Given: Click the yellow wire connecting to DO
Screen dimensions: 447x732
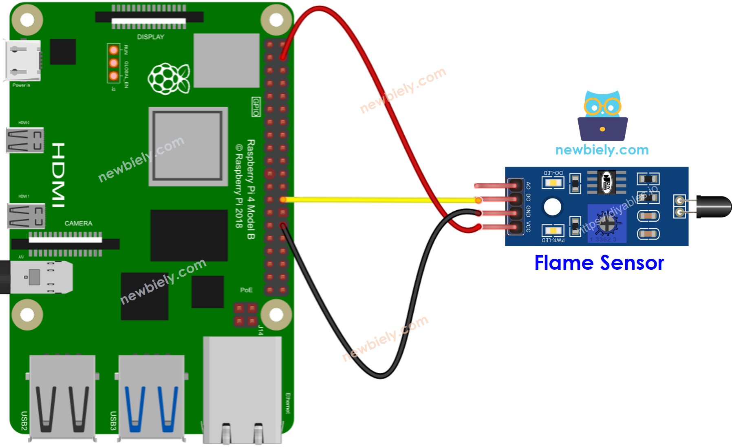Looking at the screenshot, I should (x=379, y=200).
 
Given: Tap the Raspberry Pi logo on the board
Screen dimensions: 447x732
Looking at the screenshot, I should (x=168, y=78).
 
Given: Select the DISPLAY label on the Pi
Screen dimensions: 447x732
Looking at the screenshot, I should (x=150, y=37).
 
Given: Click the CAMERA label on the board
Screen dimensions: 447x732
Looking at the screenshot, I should (x=78, y=223).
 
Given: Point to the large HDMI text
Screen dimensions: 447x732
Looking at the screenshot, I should (x=58, y=175).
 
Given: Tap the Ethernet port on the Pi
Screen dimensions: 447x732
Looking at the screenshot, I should (x=243, y=391).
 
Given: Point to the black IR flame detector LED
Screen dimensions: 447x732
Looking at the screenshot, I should (x=713, y=207).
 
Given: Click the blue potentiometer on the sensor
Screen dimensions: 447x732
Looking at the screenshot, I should (x=606, y=223).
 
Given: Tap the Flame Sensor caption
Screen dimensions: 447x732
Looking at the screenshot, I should (x=599, y=263).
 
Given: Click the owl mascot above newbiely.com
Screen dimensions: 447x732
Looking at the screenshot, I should (x=602, y=116).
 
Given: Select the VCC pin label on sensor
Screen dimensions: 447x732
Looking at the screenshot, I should (x=528, y=227).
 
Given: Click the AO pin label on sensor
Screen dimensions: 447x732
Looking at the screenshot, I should (x=528, y=185).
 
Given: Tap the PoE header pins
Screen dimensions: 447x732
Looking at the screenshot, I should (x=246, y=315).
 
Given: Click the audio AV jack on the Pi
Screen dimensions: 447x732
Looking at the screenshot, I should (x=37, y=277).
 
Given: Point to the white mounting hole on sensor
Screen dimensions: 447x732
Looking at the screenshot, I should (x=553, y=207).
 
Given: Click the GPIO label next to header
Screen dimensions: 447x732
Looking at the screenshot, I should (x=256, y=107).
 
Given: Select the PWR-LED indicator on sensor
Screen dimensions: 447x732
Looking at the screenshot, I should (x=553, y=231).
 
